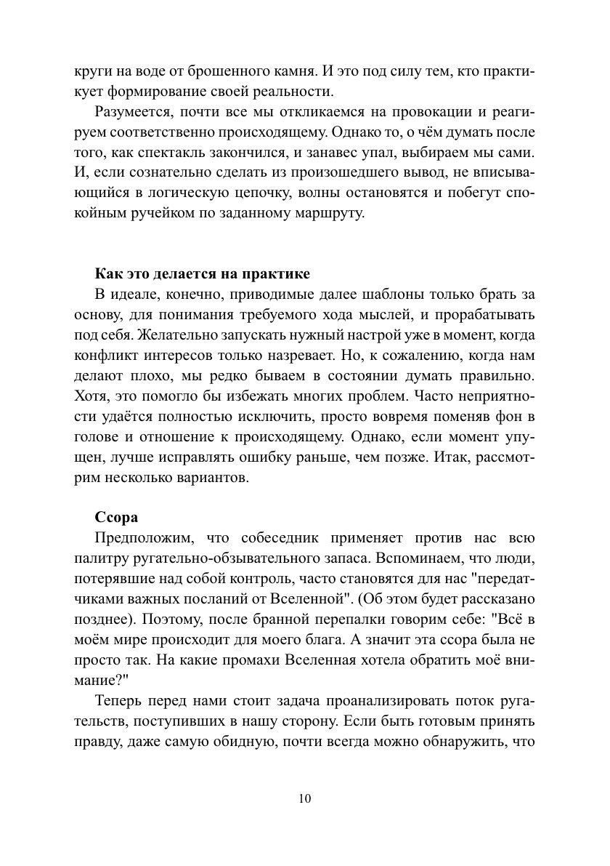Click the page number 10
[304, 798]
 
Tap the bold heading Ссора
[116, 518]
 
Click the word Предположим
[143, 538]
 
